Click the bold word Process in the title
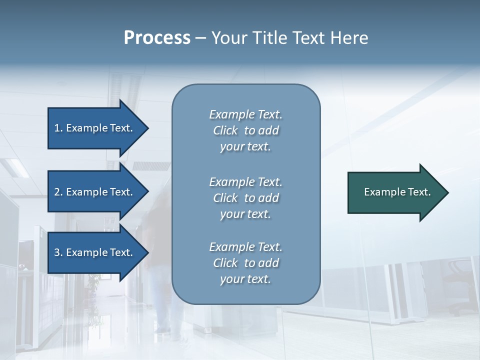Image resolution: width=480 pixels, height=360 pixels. (157, 38)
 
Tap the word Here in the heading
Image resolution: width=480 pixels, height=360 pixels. (348, 38)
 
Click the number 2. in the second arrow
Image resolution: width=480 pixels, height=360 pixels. (58, 192)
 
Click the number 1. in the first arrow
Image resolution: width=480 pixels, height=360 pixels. (58, 128)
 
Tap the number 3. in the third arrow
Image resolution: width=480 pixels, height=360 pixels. (58, 252)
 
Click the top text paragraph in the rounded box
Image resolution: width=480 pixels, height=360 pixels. (245, 130)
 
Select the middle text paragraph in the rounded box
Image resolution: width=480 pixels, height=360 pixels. (245, 198)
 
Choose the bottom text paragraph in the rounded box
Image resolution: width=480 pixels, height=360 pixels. (245, 263)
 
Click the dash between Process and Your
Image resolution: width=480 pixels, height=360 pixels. (200, 38)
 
